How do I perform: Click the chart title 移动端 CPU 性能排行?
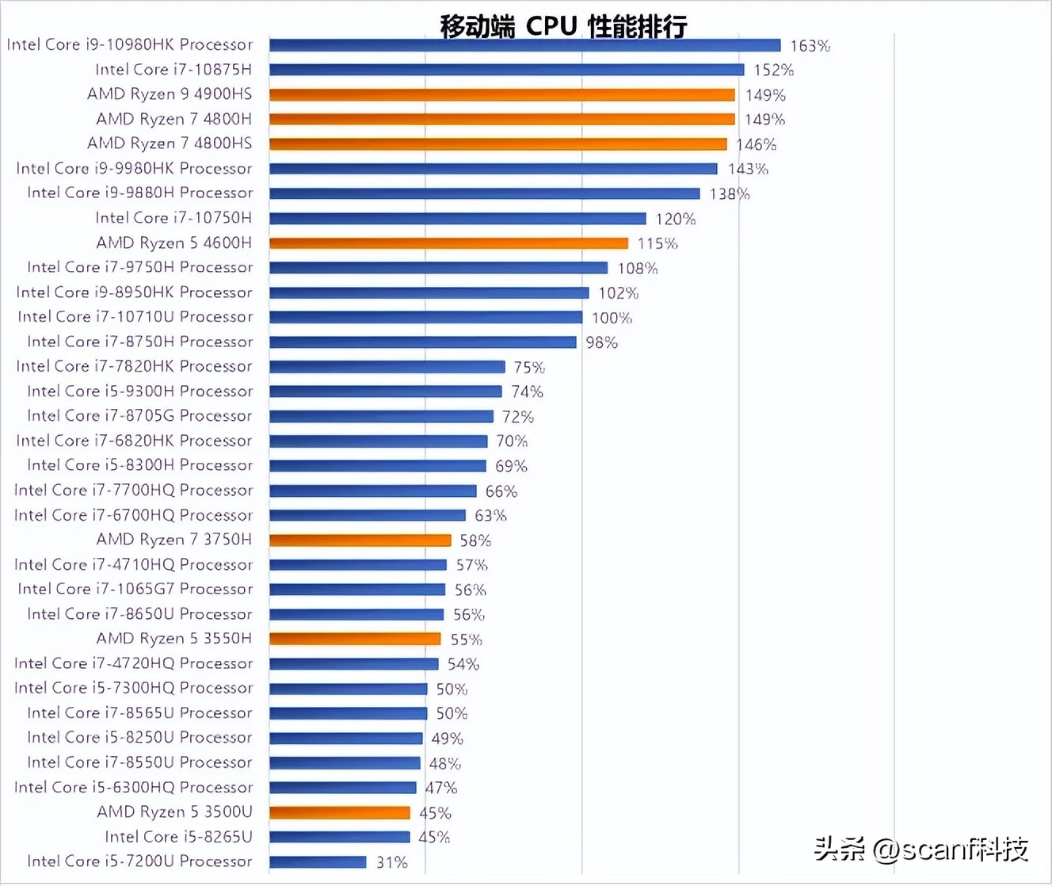pos(563,26)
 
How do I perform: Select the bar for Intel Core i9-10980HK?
pos(524,45)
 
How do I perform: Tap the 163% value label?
pos(810,46)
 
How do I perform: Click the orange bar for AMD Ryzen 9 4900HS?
pos(501,95)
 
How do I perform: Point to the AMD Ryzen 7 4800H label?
pos(173,119)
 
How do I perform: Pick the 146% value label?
pos(756,144)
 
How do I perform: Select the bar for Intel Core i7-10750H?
pos(457,219)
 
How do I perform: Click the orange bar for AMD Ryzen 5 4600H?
pos(448,243)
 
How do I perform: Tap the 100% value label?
pos(612,318)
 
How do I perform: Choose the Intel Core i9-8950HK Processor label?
pos(134,292)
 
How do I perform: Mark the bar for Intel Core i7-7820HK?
pos(387,367)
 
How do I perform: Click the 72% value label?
pos(517,417)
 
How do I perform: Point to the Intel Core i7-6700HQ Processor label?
pos(133,515)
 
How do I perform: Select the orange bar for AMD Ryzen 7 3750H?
pos(360,540)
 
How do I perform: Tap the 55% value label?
pos(466,640)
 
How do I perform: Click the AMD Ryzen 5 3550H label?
pos(173,639)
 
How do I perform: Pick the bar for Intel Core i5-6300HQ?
pos(342,788)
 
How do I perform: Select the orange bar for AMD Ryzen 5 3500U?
pos(339,812)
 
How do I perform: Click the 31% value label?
pos(391,862)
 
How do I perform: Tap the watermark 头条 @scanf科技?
pos(920,850)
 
